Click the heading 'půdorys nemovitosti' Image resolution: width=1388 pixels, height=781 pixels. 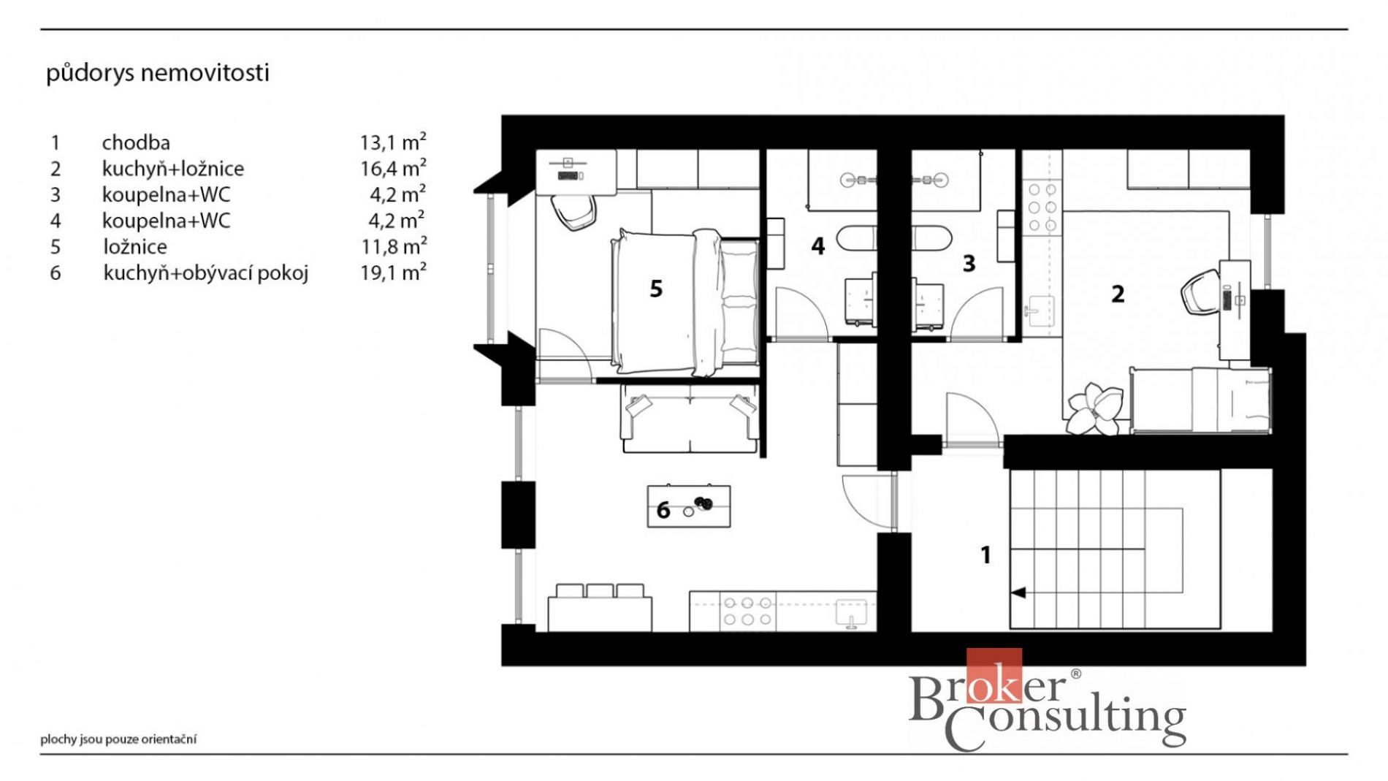click(158, 73)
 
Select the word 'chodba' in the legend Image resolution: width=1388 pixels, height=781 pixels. click(136, 142)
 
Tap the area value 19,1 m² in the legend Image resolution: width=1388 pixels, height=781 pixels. click(393, 272)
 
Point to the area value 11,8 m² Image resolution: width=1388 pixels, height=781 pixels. click(394, 246)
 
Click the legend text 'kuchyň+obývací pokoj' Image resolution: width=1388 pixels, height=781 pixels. click(205, 273)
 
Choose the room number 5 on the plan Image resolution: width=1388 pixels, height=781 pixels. click(656, 289)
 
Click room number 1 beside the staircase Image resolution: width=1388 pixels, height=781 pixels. click(985, 555)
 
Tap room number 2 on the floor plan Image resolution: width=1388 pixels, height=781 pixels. click(1118, 294)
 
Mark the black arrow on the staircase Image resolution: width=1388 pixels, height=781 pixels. click(1018, 593)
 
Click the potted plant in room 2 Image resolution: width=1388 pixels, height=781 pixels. click(1094, 409)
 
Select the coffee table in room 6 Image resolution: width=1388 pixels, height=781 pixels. click(689, 506)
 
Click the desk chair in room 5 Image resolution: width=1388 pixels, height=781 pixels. click(573, 212)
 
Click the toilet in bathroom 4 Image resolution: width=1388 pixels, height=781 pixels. click(856, 239)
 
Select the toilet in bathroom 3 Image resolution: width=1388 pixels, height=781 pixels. click(931, 239)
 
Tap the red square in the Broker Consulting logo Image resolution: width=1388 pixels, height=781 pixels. click(994, 676)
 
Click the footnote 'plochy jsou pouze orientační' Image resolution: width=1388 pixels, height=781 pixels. click(118, 739)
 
